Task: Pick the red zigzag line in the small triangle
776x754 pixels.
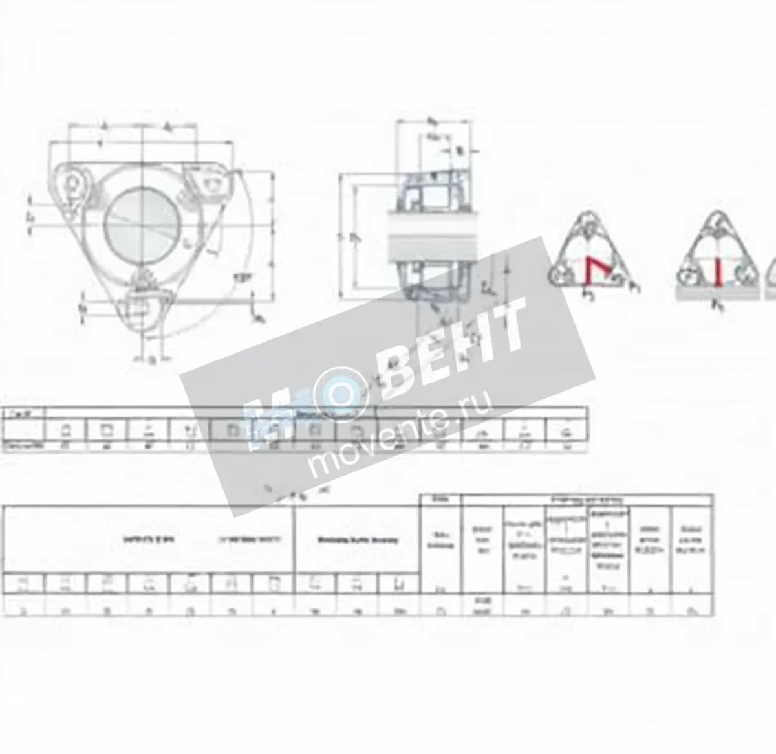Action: [592, 270]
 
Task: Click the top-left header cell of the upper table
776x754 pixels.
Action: [23, 413]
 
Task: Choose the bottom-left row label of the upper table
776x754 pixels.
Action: [23, 446]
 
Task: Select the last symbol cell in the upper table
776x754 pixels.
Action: [567, 430]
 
